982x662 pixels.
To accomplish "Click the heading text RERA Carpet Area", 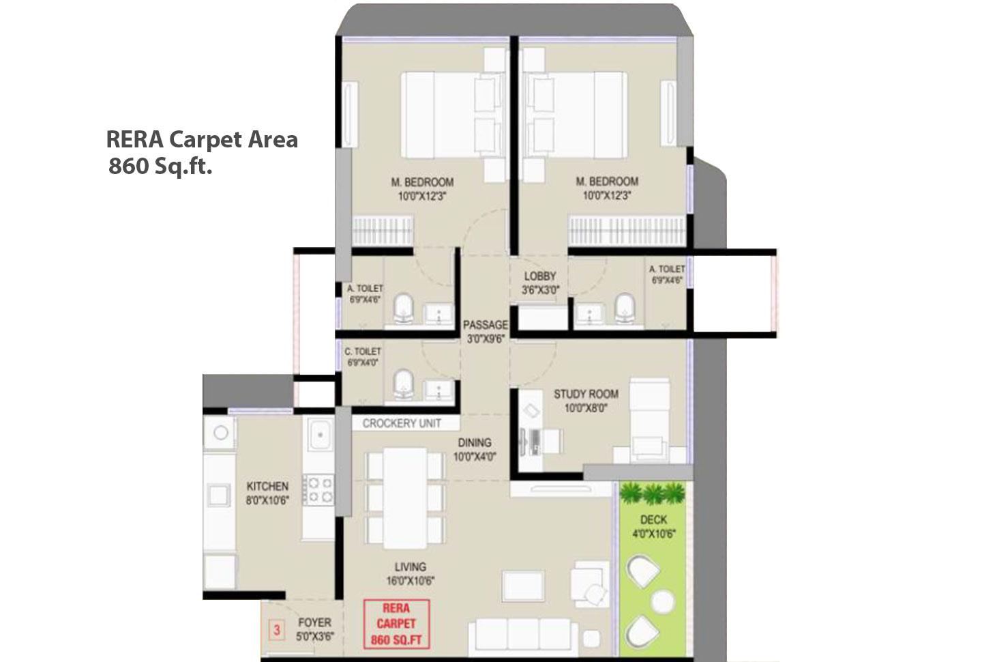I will tap(202, 139).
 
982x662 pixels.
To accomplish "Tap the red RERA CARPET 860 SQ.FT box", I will tap(396, 624).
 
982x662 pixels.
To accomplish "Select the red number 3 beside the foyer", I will tap(276, 629).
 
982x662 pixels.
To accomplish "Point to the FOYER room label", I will tap(315, 622).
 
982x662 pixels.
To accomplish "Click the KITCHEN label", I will tap(267, 487).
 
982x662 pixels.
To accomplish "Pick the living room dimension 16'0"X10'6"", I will tap(411, 581).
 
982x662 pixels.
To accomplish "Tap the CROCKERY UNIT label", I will tap(401, 423).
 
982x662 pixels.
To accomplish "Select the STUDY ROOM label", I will tap(586, 394).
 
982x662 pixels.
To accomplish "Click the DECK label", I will tap(653, 520).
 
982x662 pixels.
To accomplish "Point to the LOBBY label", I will tap(540, 276).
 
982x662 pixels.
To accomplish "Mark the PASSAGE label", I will tap(485, 325).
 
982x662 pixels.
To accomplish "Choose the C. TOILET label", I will tap(363, 351).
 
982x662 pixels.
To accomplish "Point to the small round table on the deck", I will tap(662, 601).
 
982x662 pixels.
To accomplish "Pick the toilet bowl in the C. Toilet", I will tap(404, 384).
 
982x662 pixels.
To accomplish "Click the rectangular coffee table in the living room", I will tap(523, 585).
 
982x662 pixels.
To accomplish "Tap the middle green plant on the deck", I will tap(653, 493).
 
